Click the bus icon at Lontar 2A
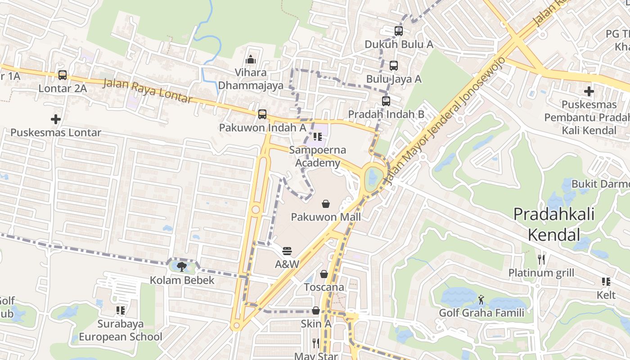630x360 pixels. (63, 75)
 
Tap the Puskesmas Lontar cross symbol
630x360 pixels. (56, 119)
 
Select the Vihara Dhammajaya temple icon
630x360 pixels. (251, 59)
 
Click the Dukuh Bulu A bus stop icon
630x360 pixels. (399, 31)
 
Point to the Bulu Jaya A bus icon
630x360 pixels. (394, 66)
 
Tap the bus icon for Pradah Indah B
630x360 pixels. (386, 101)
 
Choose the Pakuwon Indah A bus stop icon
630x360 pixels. (262, 114)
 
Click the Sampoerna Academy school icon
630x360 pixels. (318, 137)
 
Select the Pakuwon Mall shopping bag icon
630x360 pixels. (326, 204)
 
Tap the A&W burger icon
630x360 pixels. (287, 251)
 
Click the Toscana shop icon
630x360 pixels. (324, 274)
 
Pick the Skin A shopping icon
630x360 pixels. (316, 311)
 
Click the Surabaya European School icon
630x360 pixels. (120, 310)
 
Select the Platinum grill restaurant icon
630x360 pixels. (541, 260)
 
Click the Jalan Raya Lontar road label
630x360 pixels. (148, 91)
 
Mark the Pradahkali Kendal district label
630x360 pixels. (553, 224)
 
